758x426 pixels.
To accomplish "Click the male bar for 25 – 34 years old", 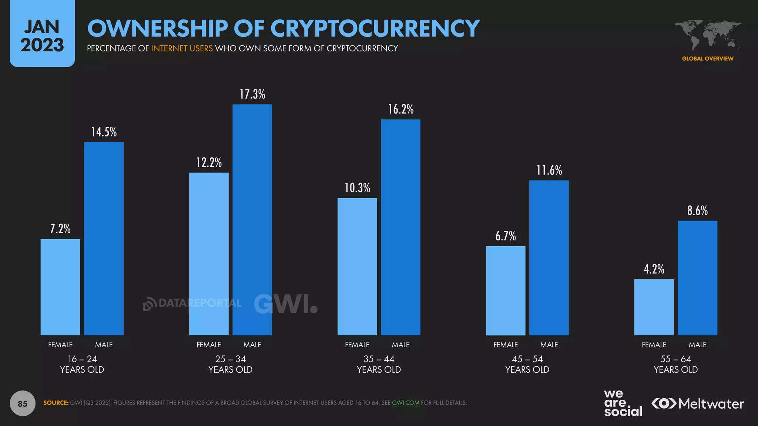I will (252, 220).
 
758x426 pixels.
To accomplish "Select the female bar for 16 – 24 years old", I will (60, 287).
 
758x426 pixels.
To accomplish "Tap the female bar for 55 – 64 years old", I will (654, 307).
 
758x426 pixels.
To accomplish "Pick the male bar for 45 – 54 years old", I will (549, 258).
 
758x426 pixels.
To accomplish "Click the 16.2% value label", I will (400, 109).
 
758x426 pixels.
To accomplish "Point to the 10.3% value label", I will (357, 188).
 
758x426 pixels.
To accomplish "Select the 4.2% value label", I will (654, 269).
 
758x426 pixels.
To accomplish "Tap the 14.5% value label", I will (104, 132).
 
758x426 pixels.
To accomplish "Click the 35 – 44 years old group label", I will (379, 364).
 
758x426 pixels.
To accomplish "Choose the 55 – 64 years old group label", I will (675, 364).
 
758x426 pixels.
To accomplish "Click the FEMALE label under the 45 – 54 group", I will (506, 345).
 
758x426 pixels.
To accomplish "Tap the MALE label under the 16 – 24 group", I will (104, 345).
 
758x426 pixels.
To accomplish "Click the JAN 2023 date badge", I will (42, 35).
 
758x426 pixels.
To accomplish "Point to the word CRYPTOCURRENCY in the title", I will (375, 28).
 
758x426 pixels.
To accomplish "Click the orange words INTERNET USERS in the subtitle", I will (182, 48).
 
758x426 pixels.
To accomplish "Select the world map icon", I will (707, 35).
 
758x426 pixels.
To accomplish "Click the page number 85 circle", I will (23, 403).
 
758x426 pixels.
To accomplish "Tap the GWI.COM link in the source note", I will (405, 403).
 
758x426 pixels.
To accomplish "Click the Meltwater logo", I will (697, 403).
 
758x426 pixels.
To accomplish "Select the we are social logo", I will (623, 403).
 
